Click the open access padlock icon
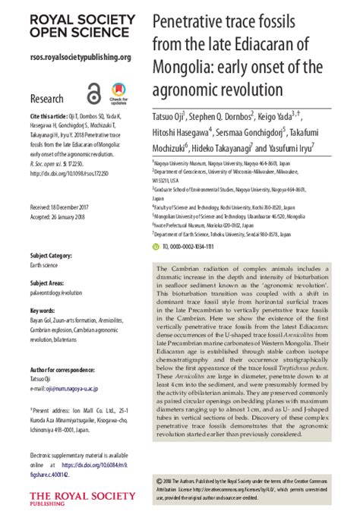coord(93,93)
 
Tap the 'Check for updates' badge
coord(118,93)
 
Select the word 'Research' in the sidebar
coord(46,99)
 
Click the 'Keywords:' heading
coord(43,311)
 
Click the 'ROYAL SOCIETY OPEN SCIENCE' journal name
coord(65,25)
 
